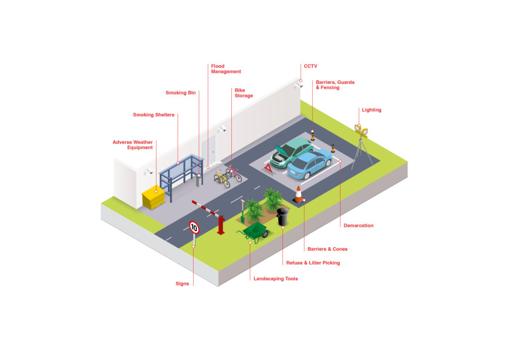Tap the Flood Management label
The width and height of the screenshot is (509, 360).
(x=225, y=69)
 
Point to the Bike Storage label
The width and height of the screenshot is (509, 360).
(x=243, y=93)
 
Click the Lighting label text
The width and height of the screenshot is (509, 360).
(x=372, y=110)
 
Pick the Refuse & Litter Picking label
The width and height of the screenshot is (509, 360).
(x=313, y=263)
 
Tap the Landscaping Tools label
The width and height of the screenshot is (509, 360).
(x=275, y=278)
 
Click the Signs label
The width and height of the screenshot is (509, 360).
(x=183, y=284)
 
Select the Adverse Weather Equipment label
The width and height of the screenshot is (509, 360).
(x=133, y=144)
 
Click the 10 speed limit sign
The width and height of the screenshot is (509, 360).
(x=194, y=227)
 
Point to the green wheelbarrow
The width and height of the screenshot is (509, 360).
(x=255, y=232)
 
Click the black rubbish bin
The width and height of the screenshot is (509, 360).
(x=282, y=217)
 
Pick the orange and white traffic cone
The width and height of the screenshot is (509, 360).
(x=299, y=193)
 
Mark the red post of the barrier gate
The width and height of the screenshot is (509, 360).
(x=221, y=224)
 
